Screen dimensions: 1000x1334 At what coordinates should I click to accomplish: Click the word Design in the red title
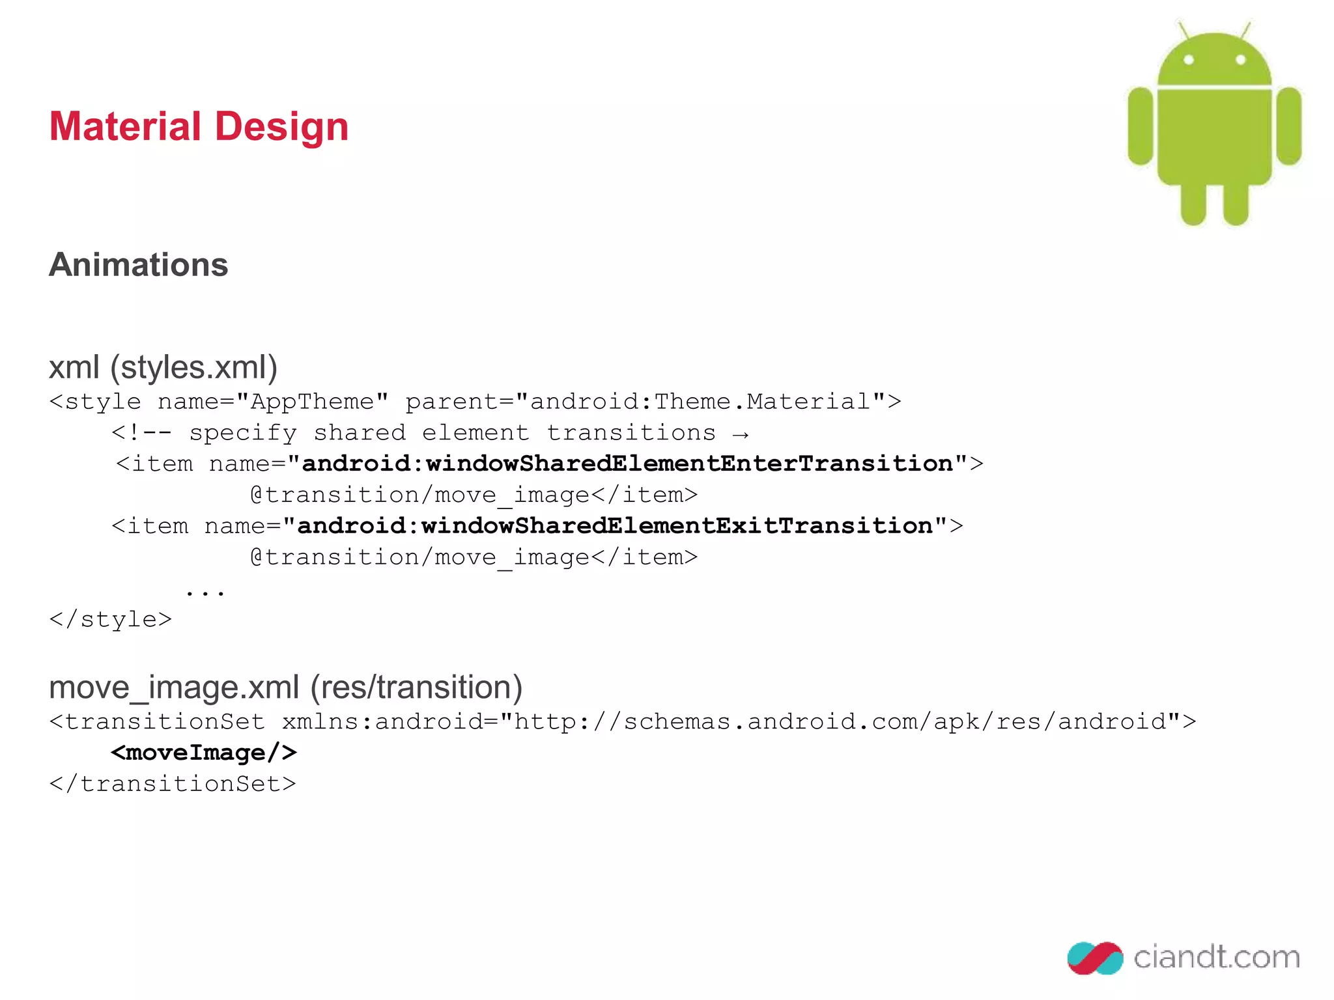coord(281,128)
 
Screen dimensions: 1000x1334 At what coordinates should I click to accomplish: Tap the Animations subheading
coord(138,265)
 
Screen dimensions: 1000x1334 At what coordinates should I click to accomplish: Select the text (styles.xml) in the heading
coord(193,367)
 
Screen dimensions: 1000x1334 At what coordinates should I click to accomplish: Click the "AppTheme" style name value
coord(313,402)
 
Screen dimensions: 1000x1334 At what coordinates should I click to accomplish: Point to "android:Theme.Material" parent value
coord(700,402)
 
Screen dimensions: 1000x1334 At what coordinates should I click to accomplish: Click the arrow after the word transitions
coord(740,434)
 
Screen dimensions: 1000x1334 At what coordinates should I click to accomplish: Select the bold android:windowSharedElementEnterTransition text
coord(627,464)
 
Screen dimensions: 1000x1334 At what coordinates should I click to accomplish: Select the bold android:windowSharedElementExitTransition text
coord(615,526)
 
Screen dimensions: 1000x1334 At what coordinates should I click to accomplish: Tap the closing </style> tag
coord(111,619)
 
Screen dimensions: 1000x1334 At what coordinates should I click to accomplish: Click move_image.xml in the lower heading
coord(174,687)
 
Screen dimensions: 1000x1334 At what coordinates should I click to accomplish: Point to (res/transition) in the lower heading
coord(416,687)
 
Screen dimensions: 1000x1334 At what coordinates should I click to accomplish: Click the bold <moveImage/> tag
coord(204,753)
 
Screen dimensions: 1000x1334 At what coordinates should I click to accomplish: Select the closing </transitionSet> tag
coord(173,784)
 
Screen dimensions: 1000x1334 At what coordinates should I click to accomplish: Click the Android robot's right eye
coord(1240,60)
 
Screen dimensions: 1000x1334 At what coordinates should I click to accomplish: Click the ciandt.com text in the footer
coord(1216,957)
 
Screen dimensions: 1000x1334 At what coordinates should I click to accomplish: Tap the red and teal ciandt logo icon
coord(1095,958)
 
